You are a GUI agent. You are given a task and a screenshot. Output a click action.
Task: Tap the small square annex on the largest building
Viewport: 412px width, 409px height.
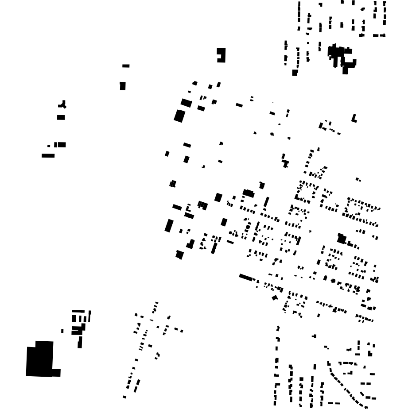pyautogui.click(x=56, y=373)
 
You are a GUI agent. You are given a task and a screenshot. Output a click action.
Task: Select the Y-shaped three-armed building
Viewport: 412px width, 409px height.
pyautogui.click(x=63, y=105)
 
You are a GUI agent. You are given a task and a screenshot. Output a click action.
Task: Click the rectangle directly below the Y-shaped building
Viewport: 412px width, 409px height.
pyautogui.click(x=61, y=117)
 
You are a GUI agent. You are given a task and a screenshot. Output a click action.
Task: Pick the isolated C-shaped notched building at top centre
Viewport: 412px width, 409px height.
pyautogui.click(x=221, y=55)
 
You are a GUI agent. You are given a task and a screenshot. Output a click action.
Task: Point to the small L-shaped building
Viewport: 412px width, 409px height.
pyautogui.click(x=354, y=119)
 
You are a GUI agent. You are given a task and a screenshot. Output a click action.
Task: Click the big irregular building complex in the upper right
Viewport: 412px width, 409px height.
pyautogui.click(x=341, y=57)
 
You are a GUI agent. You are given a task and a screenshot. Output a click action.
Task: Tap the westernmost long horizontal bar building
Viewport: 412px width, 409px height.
pyautogui.click(x=48, y=155)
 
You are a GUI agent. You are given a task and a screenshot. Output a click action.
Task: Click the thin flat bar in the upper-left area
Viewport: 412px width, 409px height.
pyautogui.click(x=126, y=66)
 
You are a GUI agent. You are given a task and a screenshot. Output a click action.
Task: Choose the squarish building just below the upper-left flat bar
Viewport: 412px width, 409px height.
pyautogui.click(x=123, y=86)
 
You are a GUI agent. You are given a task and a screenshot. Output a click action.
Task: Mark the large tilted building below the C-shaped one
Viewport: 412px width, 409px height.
pyautogui.click(x=179, y=116)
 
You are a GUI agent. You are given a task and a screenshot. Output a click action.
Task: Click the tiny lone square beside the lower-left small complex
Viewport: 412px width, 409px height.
pyautogui.click(x=62, y=331)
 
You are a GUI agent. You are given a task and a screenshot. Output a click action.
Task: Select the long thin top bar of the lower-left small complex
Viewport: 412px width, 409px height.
pyautogui.click(x=78, y=311)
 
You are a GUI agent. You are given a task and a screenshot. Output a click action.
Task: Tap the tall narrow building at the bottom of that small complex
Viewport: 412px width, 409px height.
pyautogui.click(x=80, y=342)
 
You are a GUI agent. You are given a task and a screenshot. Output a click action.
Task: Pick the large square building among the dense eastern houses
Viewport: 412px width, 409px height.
pyautogui.click(x=342, y=239)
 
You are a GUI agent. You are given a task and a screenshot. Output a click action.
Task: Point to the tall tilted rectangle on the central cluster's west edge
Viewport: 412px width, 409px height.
pyautogui.click(x=169, y=226)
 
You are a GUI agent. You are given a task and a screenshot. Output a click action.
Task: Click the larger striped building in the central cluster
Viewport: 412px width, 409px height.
pyautogui.click(x=202, y=205)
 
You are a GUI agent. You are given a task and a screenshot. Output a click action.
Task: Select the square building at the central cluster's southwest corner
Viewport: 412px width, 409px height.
pyautogui.click(x=179, y=255)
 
